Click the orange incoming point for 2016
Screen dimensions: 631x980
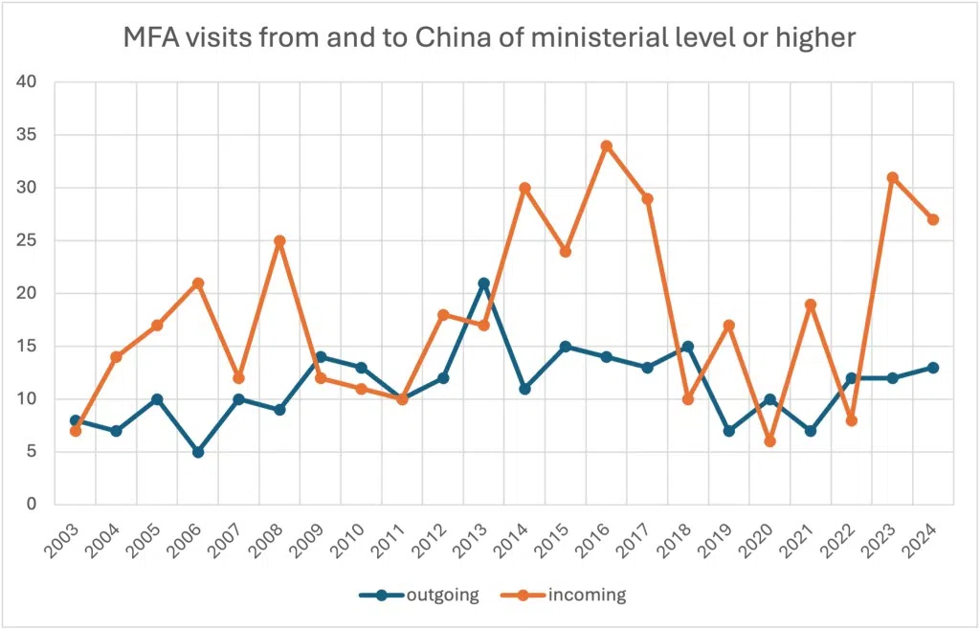coord(606,146)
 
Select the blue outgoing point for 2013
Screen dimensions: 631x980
coord(483,283)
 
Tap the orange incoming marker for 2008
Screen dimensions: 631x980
coord(279,241)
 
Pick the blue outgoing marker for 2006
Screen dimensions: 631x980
coord(198,452)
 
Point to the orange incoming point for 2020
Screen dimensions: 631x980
coord(769,441)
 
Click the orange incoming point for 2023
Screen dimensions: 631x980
coord(892,178)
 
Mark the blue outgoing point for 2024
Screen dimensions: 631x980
coord(933,368)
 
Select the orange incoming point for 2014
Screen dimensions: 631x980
coord(524,189)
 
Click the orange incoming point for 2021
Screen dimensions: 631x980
coord(811,304)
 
